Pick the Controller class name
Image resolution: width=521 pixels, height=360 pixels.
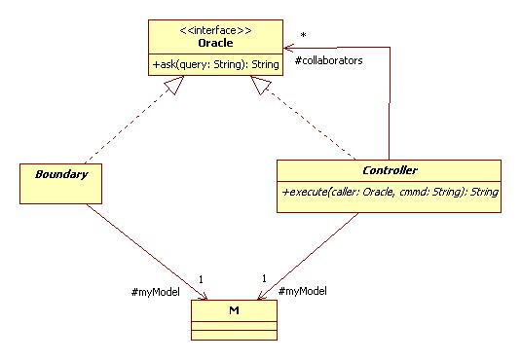pos(389,170)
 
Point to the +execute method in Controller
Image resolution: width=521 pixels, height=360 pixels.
pos(390,193)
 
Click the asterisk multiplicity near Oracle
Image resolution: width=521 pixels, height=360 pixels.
pos(304,36)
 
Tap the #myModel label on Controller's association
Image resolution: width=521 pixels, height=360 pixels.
pos(302,291)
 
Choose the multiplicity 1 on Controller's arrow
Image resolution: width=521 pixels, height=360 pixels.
pos(263,279)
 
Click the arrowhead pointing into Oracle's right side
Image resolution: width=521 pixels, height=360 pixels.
pos(290,47)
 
